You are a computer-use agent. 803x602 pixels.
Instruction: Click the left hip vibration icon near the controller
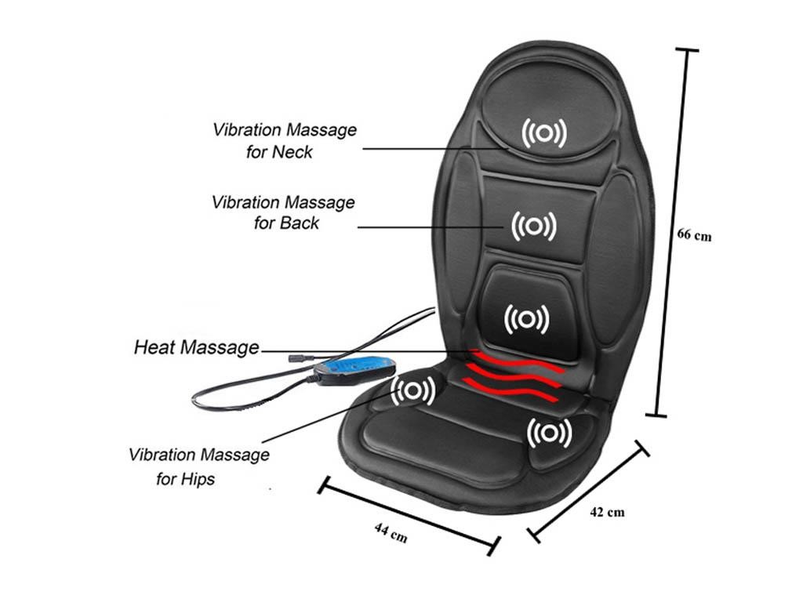(413, 390)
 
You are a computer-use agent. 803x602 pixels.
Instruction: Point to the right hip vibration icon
(549, 432)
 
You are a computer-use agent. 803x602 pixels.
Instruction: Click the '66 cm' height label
(694, 234)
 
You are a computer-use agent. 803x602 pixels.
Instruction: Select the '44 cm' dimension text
(391, 532)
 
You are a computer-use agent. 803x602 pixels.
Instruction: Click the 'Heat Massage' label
(196, 346)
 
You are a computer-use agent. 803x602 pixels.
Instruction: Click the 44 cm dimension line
(408, 515)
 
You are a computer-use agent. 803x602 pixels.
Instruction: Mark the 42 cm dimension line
(590, 491)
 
